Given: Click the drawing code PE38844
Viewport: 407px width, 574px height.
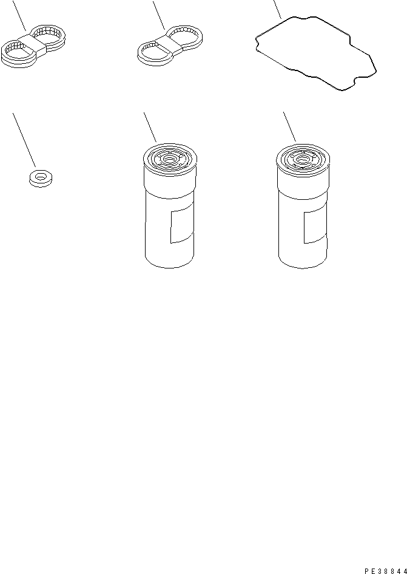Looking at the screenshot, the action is click(385, 570).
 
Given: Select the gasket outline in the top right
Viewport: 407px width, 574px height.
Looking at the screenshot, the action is click(316, 53).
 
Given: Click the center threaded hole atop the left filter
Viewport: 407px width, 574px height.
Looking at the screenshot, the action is click(169, 159).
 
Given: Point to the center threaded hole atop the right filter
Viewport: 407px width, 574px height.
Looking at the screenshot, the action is click(301, 159).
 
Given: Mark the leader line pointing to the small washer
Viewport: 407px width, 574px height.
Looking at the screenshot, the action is click(24, 140).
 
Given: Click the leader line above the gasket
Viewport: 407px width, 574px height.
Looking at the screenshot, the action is click(277, 9).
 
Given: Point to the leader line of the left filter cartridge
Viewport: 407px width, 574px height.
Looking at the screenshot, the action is click(150, 127).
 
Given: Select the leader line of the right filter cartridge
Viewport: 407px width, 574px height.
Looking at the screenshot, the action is click(289, 127).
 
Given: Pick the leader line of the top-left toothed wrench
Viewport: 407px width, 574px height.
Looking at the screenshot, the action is click(19, 15).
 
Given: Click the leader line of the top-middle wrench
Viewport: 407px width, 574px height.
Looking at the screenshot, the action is click(159, 15).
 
